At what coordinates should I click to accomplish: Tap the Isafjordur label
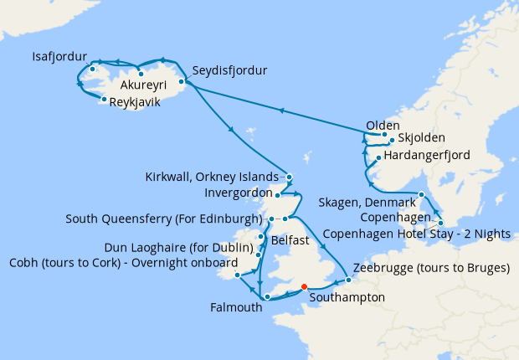coord(59,57)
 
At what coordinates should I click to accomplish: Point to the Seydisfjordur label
coord(229,70)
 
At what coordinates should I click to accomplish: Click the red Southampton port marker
coord(304,285)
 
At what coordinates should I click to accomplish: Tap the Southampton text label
coord(347,297)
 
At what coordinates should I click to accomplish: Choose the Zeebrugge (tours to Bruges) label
coord(432,269)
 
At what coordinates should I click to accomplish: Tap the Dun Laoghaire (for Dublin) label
coord(179,248)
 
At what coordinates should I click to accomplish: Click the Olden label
coord(383,126)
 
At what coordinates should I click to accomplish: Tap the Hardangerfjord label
coord(428,156)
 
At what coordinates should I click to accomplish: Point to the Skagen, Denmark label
coord(367,203)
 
